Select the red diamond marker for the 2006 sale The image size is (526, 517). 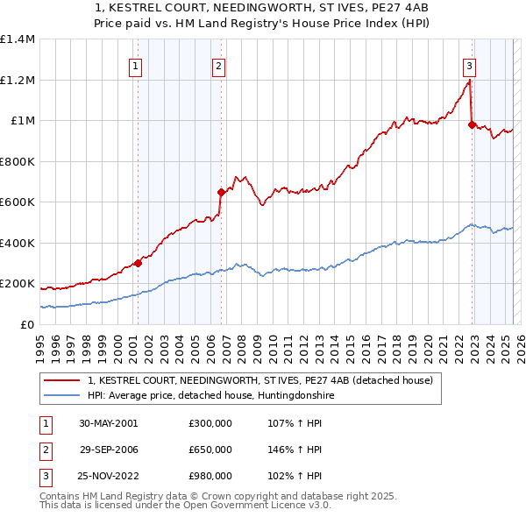pos(221,193)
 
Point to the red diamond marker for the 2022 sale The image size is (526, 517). pos(472,125)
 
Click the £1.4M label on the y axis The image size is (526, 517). pos(18,39)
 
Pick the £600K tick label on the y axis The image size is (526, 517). pos(18,202)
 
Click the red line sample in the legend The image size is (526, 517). pos(61,381)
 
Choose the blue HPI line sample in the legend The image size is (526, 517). pos(61,396)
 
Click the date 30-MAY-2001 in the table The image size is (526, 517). pos(108,422)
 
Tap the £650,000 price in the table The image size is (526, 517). pos(210,450)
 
